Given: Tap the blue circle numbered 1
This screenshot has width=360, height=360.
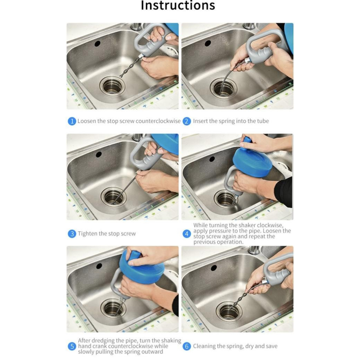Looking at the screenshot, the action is (72, 121).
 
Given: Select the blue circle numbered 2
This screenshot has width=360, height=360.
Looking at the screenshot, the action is (187, 121).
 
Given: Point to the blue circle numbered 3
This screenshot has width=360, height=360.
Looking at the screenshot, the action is (72, 234).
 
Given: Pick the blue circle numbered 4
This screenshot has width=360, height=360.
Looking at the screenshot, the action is (187, 234).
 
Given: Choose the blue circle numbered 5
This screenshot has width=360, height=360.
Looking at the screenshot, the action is (72, 346).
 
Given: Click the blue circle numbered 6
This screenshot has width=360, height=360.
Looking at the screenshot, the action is (187, 346).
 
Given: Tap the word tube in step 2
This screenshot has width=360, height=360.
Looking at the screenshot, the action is (263, 121).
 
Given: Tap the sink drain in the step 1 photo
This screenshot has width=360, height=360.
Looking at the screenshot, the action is (112, 86).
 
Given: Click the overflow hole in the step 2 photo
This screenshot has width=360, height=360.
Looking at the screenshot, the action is (207, 43).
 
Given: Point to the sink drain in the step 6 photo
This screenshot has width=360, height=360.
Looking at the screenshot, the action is (229, 311).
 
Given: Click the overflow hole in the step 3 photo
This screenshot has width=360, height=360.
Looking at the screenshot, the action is (99, 154).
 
